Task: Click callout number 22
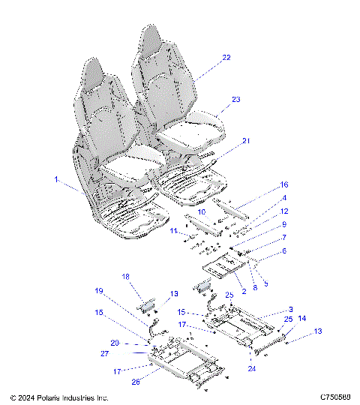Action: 226,57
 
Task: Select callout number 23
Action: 236,100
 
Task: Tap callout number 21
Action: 247,141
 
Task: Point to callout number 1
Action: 56,180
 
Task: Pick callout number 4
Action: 264,198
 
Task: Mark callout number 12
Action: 263,211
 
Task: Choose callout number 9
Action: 263,224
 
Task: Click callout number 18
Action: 126,277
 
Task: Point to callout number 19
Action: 98,290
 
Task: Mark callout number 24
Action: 250,369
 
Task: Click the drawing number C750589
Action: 334,397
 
